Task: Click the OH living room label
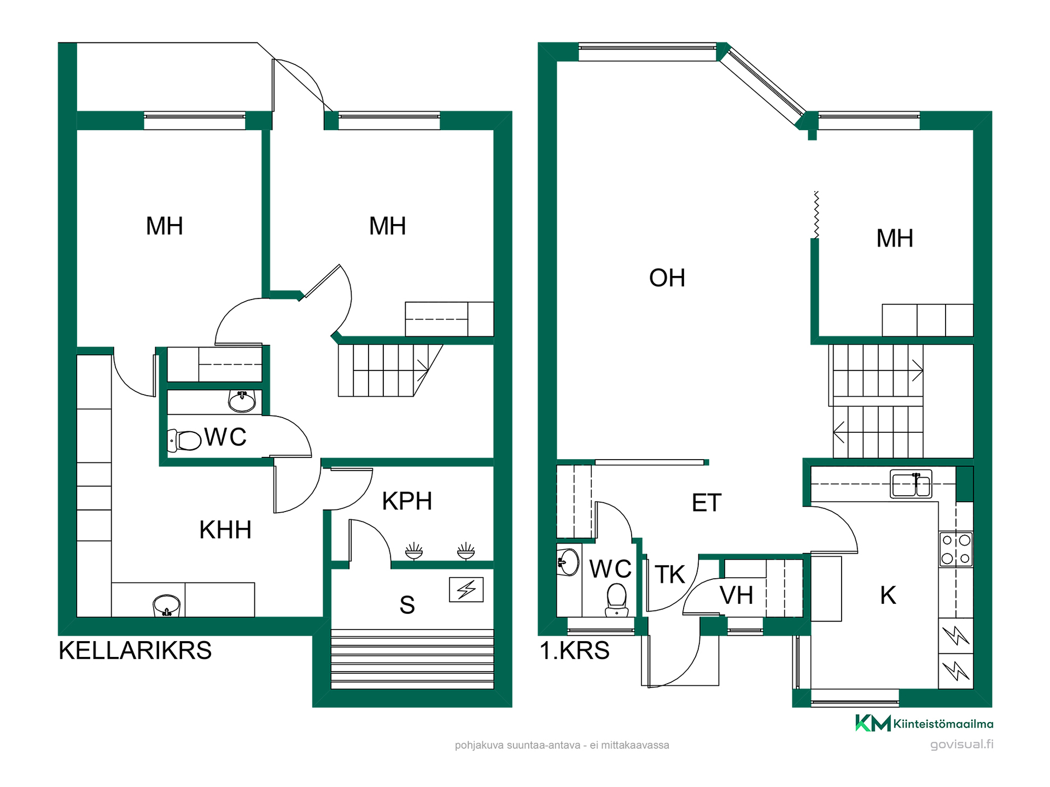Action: point(667,278)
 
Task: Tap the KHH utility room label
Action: point(225,530)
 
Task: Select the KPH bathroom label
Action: point(407,501)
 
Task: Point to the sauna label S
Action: point(407,605)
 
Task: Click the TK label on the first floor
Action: point(670,574)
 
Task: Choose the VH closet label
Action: point(737,595)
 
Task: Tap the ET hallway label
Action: point(707,503)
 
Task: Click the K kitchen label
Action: point(888,595)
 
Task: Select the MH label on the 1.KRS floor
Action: point(895,238)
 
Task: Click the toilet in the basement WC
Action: point(184,440)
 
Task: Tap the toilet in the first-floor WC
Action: point(617,600)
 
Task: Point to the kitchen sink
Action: point(911,484)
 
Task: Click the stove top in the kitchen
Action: point(956,549)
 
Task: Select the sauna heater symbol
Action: point(466,590)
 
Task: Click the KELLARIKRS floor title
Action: point(135,650)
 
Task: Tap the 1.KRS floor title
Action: point(575,650)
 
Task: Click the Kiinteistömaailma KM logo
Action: point(924,723)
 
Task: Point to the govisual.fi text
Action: point(962,744)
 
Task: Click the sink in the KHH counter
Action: point(166,606)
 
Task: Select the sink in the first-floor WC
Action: point(568,562)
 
